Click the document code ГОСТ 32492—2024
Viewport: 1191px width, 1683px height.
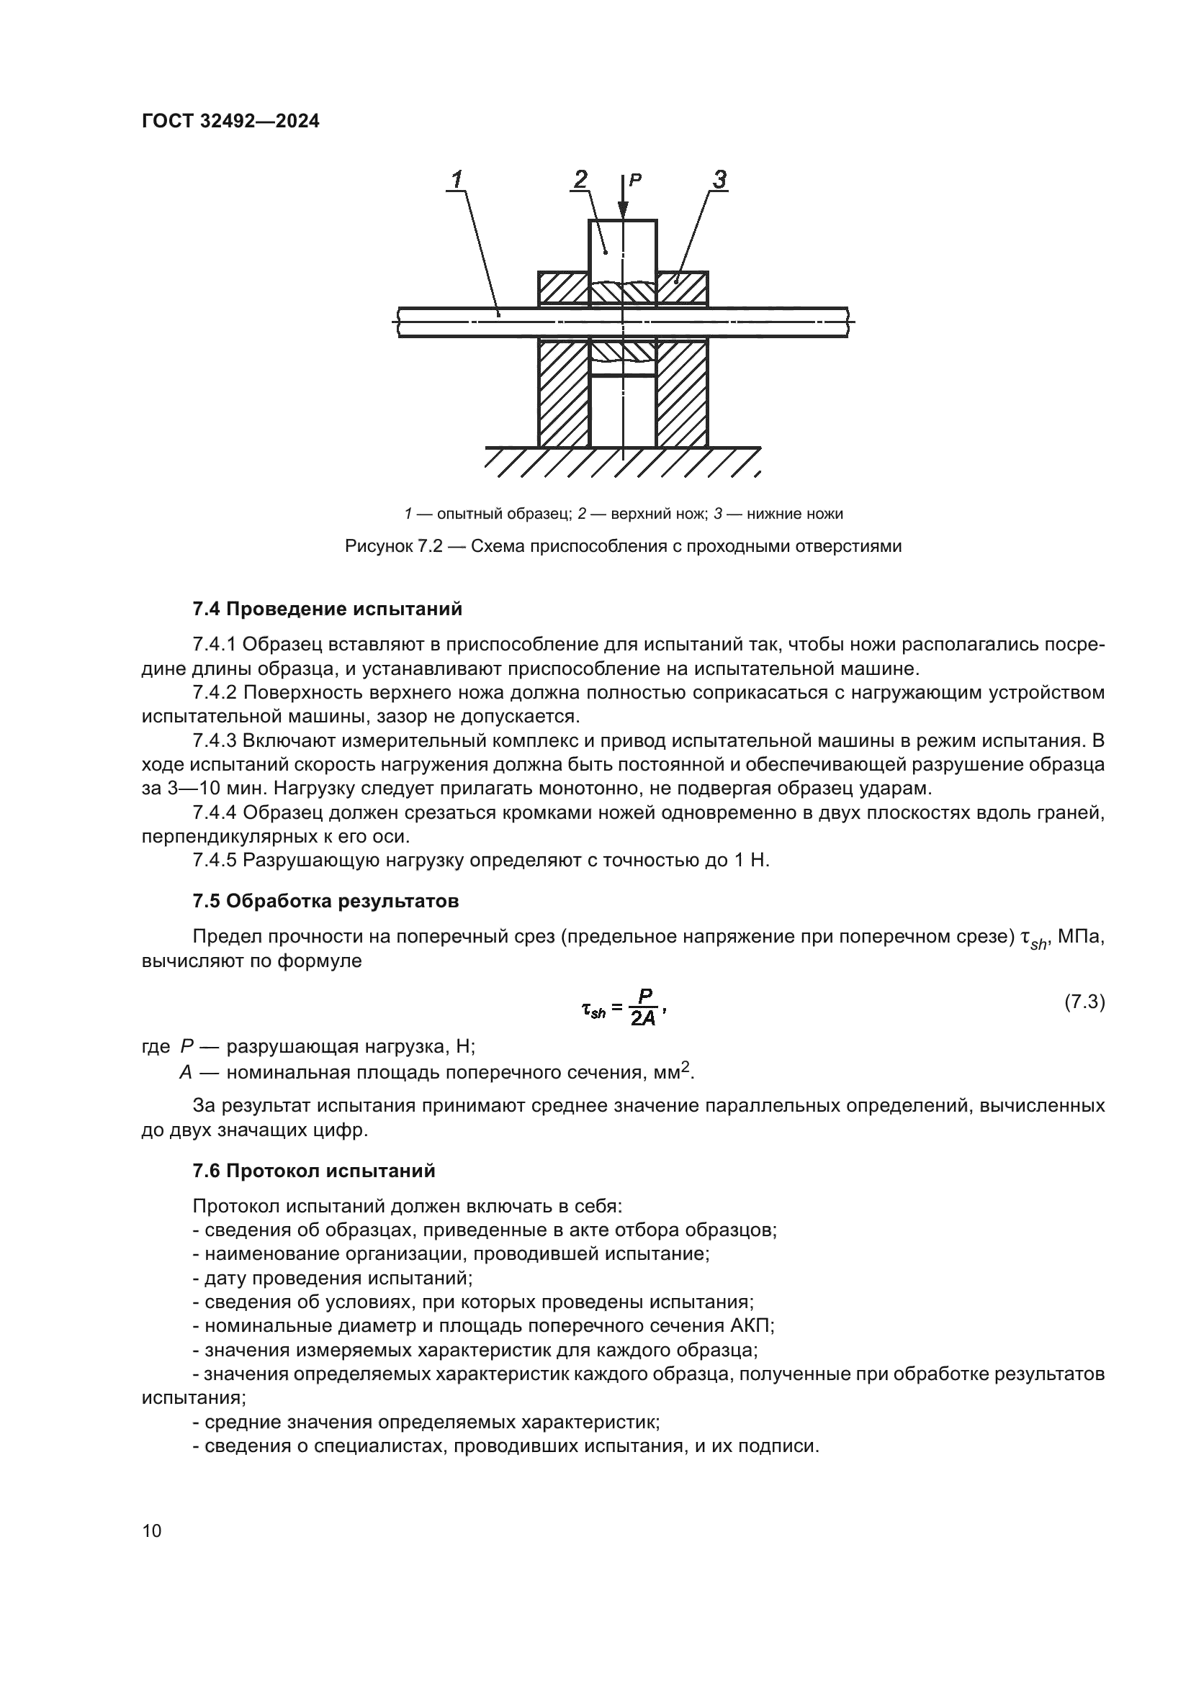(230, 122)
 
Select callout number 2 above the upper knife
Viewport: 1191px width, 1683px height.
(580, 178)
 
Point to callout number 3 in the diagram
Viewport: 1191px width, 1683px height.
(719, 178)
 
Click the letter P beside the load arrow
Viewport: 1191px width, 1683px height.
(636, 178)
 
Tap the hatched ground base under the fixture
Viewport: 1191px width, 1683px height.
(622, 463)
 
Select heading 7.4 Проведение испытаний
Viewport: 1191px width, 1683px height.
(327, 609)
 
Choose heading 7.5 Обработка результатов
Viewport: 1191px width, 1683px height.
(325, 901)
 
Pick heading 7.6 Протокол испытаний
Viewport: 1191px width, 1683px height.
(314, 1171)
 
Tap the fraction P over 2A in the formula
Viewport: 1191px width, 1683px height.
(643, 1008)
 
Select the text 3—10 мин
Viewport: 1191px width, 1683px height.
(198, 789)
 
